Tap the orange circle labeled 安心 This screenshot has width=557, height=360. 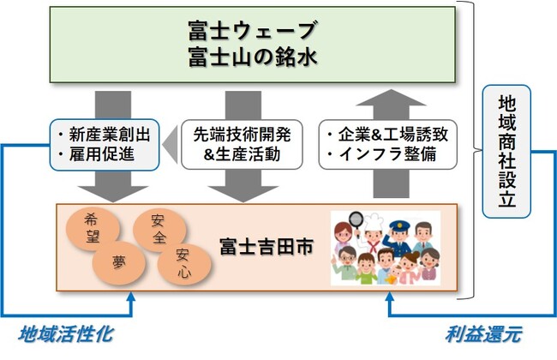(x=183, y=261)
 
